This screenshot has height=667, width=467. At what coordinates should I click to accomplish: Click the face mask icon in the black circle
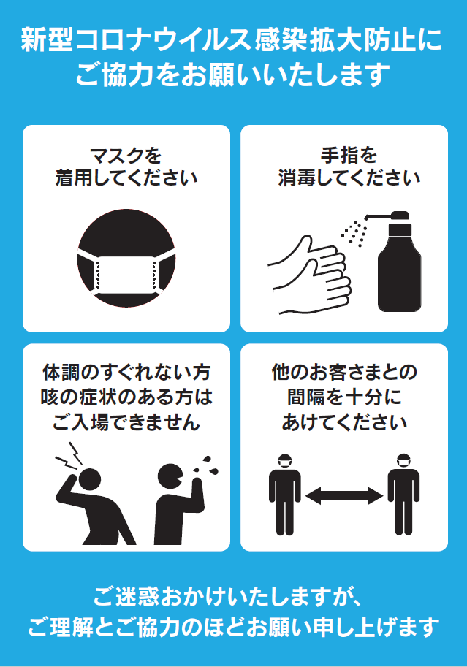pyautogui.click(x=126, y=273)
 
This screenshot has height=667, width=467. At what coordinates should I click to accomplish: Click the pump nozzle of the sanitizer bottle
pyautogui.click(x=380, y=216)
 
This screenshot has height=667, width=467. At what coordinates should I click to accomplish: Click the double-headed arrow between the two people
pyautogui.click(x=343, y=497)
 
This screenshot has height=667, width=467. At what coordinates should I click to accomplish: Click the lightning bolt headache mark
pyautogui.click(x=69, y=456)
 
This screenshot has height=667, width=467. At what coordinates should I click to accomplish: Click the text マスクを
pyautogui.click(x=126, y=156)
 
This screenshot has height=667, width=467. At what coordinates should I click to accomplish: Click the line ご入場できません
pyautogui.click(x=126, y=422)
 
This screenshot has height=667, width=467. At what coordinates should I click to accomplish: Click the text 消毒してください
pyautogui.click(x=349, y=178)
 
